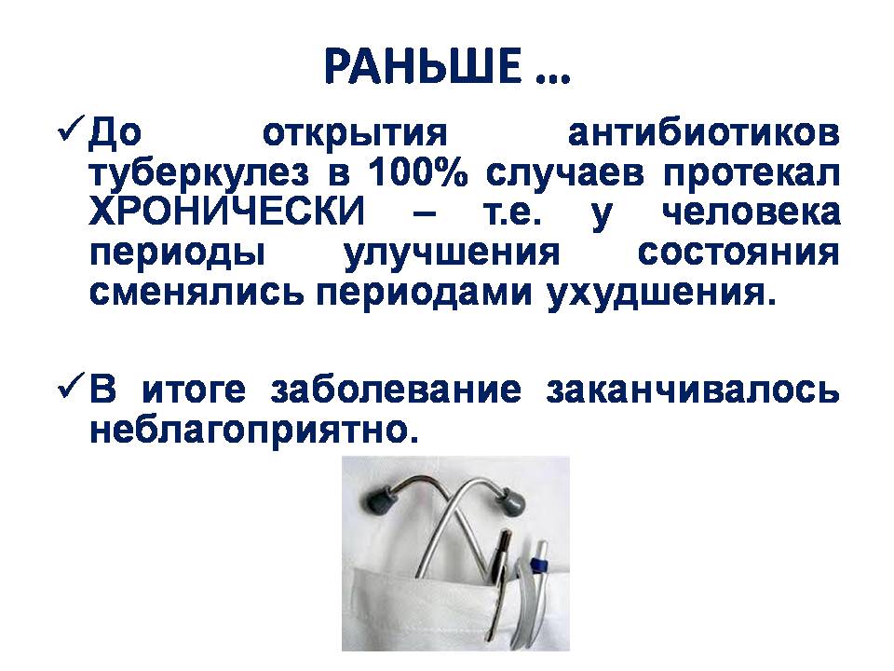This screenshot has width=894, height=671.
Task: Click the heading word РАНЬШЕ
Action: [423, 66]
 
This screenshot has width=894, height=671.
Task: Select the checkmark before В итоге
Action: [72, 389]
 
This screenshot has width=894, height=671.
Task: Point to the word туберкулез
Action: [199, 174]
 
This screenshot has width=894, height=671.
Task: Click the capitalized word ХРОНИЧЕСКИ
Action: [226, 212]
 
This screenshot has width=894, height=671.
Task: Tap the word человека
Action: [751, 212]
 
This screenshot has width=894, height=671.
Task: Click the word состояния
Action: [738, 253]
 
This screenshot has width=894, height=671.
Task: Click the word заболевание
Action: [396, 390]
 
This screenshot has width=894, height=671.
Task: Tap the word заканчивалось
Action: [693, 390]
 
